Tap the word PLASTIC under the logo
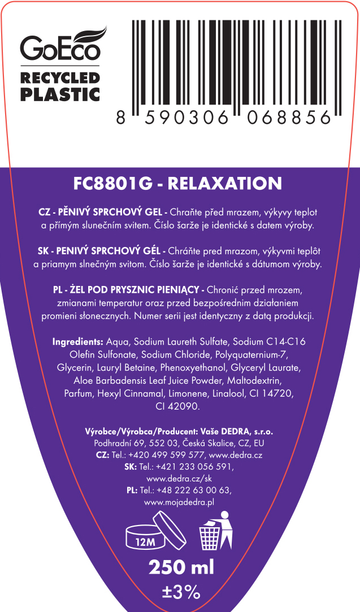click(60, 94)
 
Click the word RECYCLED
click(60, 77)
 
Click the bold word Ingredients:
click(77, 342)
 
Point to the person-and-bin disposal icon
click(216, 530)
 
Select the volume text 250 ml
click(181, 567)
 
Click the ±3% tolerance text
click(181, 592)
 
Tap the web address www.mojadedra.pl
click(179, 503)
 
